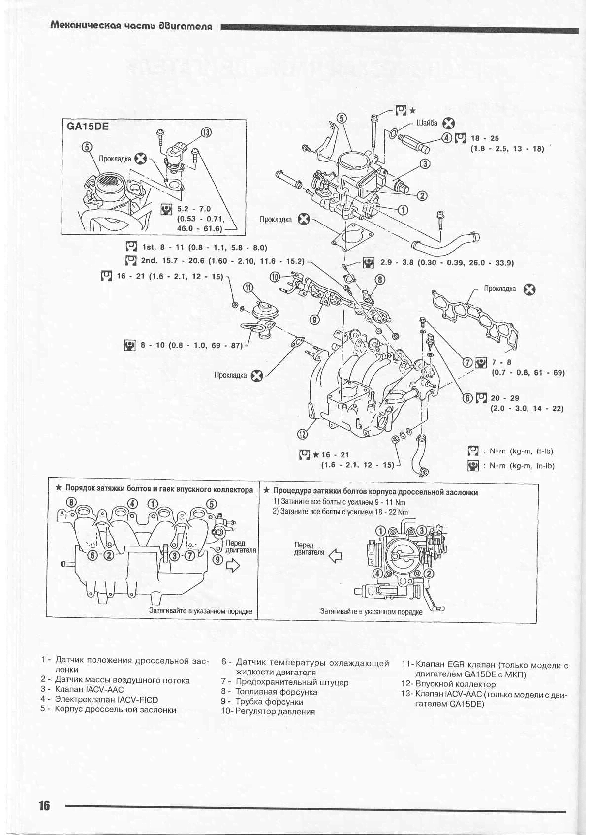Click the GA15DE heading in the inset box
pyautogui.click(x=88, y=127)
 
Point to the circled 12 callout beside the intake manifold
pyautogui.click(x=302, y=433)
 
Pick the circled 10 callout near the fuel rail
pyautogui.click(x=275, y=277)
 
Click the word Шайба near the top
pyautogui.click(x=427, y=123)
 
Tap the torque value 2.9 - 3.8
pyautogui.click(x=397, y=263)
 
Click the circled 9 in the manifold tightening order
pyautogui.click(x=218, y=559)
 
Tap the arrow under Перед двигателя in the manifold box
pyautogui.click(x=233, y=566)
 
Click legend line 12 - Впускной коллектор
pyautogui.click(x=448, y=684)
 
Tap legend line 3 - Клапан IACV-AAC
pyautogui.click(x=82, y=689)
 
